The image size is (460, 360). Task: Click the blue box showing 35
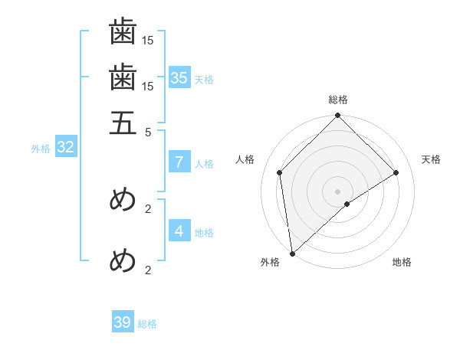[x=179, y=77]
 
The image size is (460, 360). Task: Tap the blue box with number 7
[x=179, y=162]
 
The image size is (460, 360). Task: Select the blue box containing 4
[x=179, y=231]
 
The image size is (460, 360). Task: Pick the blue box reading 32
[x=65, y=148]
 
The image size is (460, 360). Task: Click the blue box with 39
[x=123, y=322]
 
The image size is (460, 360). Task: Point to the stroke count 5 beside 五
[x=149, y=131]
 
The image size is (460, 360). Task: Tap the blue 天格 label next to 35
[x=204, y=79]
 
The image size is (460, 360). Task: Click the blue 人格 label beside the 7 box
[x=204, y=163]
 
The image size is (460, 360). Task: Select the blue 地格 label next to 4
[x=204, y=232]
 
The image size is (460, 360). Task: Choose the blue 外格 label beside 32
[x=41, y=149]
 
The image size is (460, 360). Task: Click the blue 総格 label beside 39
[x=147, y=324]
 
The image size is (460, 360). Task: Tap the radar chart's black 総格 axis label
[x=338, y=100]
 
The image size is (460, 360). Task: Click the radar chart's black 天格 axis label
[x=432, y=159]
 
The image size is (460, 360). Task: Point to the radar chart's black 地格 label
[x=402, y=262]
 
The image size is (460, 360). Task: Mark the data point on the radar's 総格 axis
[x=338, y=116]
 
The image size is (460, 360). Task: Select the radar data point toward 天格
[x=396, y=172]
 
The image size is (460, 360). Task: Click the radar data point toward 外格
[x=292, y=254]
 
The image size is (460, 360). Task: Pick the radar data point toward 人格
[x=280, y=172]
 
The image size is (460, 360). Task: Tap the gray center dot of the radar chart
[x=338, y=191]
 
